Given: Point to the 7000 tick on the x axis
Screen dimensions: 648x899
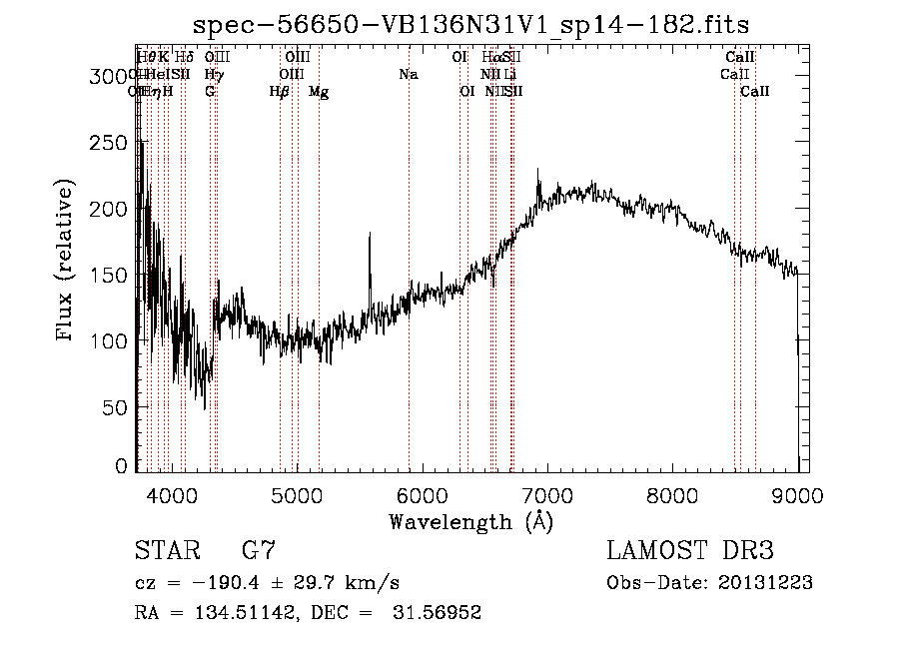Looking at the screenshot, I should (x=547, y=492).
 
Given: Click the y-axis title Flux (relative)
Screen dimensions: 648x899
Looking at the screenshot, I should (x=67, y=263).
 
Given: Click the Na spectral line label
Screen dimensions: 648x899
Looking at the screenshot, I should (x=408, y=74).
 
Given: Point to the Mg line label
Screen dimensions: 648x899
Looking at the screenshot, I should (x=319, y=91).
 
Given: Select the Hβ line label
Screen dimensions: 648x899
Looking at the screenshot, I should (x=280, y=91).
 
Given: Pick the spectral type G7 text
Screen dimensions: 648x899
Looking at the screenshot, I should (x=258, y=551).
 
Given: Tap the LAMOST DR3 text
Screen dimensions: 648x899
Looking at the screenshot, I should (x=690, y=551).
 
